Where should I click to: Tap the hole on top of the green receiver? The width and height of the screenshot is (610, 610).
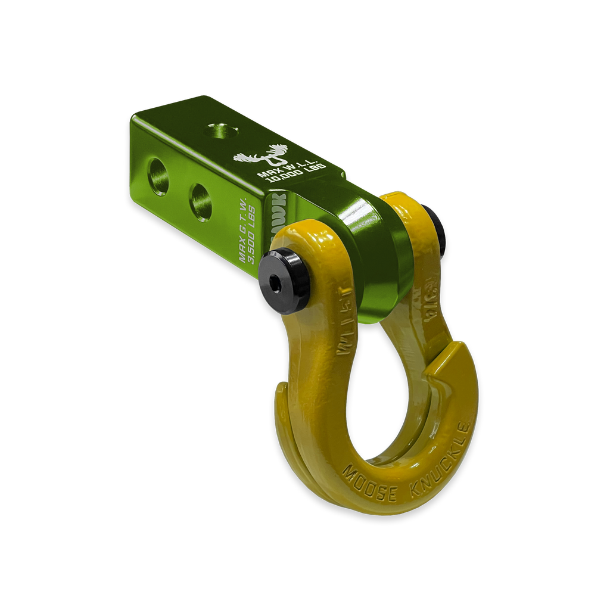220,130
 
